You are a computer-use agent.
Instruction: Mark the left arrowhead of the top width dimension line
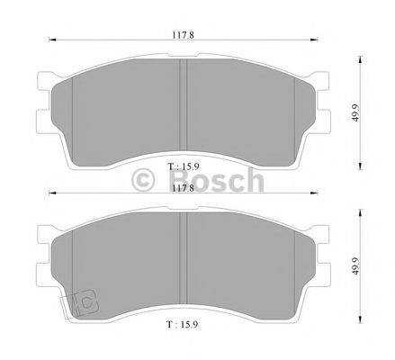pos(49,40)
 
